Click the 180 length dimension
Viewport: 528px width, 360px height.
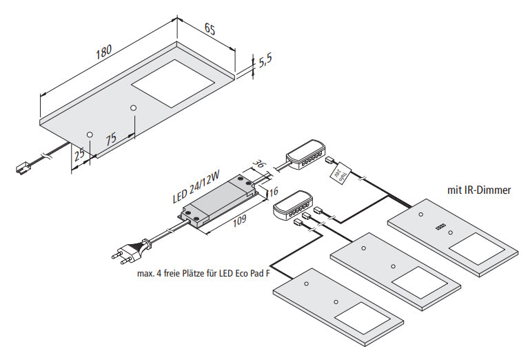(x=103, y=52)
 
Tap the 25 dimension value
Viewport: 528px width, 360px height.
(x=80, y=153)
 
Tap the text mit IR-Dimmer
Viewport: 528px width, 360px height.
(x=478, y=189)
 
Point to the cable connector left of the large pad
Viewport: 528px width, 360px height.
(x=23, y=166)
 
